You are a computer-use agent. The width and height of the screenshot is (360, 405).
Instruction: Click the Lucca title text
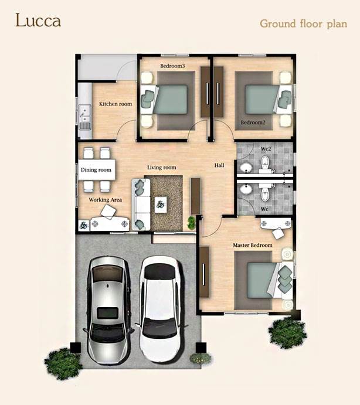click(x=38, y=21)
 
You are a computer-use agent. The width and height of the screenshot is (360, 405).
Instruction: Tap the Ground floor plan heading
click(x=303, y=24)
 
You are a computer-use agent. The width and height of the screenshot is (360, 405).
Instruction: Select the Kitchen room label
click(x=116, y=104)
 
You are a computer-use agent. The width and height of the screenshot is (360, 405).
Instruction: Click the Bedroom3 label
click(x=172, y=66)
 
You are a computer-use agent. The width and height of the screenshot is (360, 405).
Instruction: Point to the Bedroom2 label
click(x=253, y=122)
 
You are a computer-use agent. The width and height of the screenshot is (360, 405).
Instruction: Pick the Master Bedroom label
click(x=253, y=245)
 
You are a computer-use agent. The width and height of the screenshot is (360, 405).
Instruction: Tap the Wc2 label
click(x=266, y=149)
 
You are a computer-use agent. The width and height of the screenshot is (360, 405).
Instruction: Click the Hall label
click(x=219, y=165)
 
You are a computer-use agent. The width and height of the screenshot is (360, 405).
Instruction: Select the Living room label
click(x=161, y=168)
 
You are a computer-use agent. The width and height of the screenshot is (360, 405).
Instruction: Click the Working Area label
click(x=105, y=200)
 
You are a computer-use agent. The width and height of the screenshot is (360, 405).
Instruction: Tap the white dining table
click(x=97, y=170)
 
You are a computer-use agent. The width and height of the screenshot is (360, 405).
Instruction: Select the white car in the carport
click(x=161, y=309)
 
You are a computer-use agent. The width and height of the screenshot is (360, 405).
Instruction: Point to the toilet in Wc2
click(x=265, y=164)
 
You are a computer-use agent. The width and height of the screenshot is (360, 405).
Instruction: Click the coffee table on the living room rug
click(x=161, y=205)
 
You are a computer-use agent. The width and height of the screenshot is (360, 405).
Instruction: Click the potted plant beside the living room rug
click(x=192, y=222)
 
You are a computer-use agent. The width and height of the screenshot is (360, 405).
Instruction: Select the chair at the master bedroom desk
click(x=278, y=233)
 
